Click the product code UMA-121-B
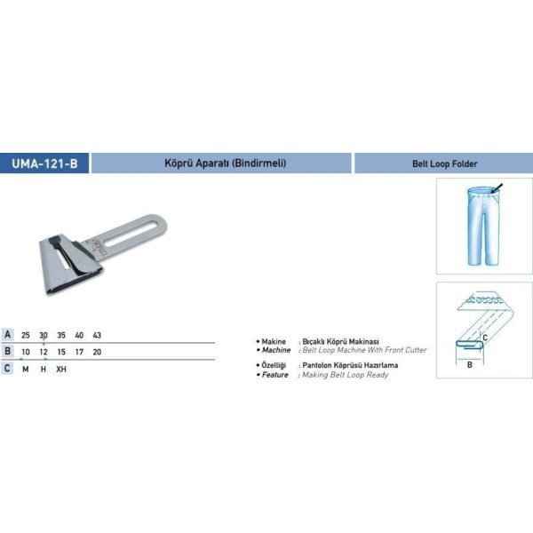44,163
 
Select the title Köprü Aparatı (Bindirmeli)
225,163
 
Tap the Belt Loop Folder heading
445,163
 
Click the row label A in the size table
7,335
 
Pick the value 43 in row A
97,335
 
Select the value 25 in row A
26,335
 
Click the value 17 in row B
79,352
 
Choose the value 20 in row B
97,352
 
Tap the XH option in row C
61,370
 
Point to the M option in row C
26,370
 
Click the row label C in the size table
7,368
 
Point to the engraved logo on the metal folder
97,247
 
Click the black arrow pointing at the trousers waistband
497,188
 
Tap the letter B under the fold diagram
469,365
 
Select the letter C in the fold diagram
485,338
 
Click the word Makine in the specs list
274,342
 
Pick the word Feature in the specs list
275,375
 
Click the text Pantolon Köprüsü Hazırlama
350,365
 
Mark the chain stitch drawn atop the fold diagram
484,300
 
